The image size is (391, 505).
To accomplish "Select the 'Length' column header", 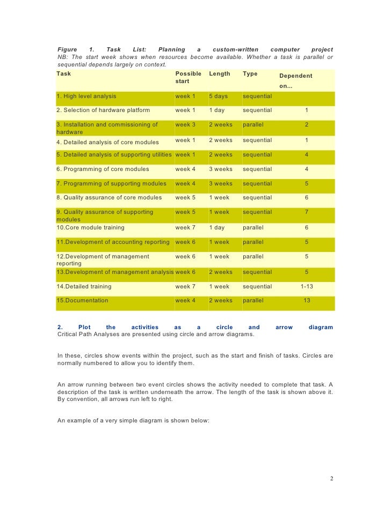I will [x=219, y=73].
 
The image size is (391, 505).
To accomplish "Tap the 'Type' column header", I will [x=250, y=73].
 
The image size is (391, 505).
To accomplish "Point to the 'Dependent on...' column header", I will [x=295, y=80].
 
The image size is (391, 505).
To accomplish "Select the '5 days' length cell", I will [x=218, y=96].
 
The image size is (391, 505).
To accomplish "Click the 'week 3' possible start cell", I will [x=185, y=125].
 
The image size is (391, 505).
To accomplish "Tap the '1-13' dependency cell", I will [x=306, y=286].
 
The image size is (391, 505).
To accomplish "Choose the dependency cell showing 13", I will [x=306, y=301].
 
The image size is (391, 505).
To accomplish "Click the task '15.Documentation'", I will [x=82, y=301].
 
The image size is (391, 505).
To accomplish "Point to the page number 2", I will [x=332, y=478].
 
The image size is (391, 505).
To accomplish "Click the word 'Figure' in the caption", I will [x=67, y=50].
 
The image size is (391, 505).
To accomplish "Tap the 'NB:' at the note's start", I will [x=62, y=57].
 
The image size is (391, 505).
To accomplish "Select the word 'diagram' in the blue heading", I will [x=321, y=327].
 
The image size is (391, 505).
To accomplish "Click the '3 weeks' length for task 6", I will [x=220, y=169].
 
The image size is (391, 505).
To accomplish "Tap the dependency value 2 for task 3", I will [x=306, y=125].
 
